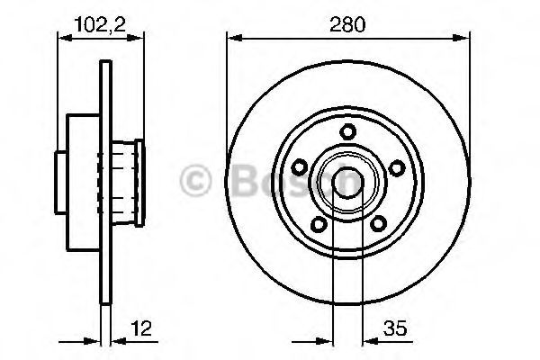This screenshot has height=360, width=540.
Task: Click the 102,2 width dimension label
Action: [x=100, y=24]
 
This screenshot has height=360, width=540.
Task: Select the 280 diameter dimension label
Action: [x=347, y=24]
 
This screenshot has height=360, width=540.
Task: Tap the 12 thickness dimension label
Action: [x=141, y=328]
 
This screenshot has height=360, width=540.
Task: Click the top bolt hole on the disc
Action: [x=347, y=131]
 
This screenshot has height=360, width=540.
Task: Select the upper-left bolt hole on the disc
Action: [x=300, y=167]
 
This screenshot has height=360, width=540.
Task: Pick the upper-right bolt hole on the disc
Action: [x=397, y=167]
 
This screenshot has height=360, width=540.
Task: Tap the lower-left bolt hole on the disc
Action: [x=319, y=224]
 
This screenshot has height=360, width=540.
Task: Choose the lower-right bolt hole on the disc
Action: [x=379, y=223]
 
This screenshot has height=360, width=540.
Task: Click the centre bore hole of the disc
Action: [x=347, y=184]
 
